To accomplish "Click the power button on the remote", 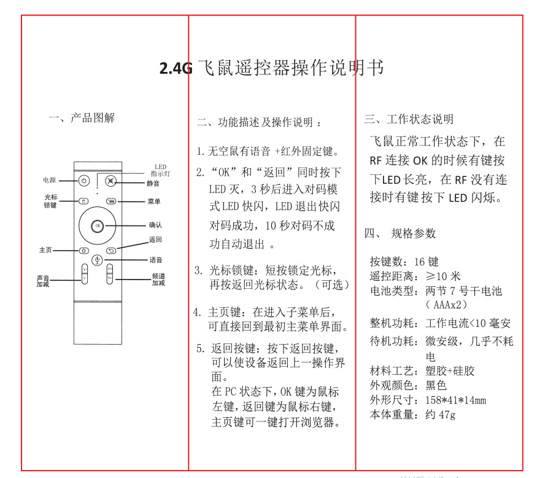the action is coord(84,181).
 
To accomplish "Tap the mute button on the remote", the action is coord(110,181).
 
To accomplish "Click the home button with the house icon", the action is coord(83,250).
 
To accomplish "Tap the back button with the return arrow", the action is coord(111,250).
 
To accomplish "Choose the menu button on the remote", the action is coord(110,201).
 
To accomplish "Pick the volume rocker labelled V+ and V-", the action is coord(85,274).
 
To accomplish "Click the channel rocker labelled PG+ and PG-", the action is coord(110,274).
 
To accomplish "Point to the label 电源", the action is coord(50,181).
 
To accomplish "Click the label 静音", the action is coord(153,183).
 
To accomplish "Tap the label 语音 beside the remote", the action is coord(155,261).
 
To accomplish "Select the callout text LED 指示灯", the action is coord(160,170).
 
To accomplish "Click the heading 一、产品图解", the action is coord(82,118).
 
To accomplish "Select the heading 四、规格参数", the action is coord(400,233).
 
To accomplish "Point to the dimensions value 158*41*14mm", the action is coord(455,401).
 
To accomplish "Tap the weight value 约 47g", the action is coord(440,415).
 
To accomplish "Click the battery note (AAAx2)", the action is coord(447,305).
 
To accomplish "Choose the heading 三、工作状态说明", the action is coord(409,119).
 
